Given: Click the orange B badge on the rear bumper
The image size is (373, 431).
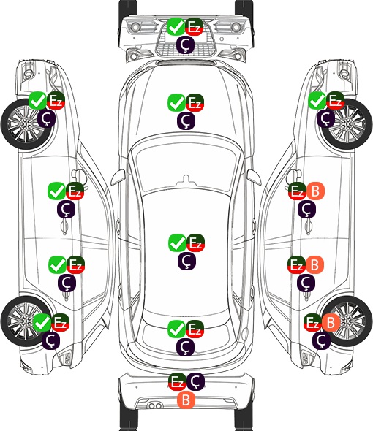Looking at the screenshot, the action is coord(186,400).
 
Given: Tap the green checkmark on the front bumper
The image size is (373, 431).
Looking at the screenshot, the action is coord(176,26).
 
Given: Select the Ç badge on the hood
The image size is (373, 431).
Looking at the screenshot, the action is coord(186,121).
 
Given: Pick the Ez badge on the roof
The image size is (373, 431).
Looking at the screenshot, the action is coord(195,243).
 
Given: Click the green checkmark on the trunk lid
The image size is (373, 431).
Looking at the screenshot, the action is coord(177,329).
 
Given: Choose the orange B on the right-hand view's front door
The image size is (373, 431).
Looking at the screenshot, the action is coord(315,191).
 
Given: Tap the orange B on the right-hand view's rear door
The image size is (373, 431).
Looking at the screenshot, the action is coord(314,264).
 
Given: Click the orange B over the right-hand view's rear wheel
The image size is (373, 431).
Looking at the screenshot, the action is coord(331,322).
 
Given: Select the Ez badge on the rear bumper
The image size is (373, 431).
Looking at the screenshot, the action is coord(177,381).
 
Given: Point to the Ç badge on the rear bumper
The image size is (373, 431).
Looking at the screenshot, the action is coord(195,381).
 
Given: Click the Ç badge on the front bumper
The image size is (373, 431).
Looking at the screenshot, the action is coord(186,45).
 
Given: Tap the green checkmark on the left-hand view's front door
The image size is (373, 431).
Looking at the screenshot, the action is coord(57,191).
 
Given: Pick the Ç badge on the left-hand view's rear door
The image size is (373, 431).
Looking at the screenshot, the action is coord(67,283).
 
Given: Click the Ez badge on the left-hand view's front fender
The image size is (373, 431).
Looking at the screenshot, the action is coord(56,100).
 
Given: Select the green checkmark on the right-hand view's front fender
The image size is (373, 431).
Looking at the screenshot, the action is coord(317,100).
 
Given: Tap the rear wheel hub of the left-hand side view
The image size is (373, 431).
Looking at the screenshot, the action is coord(25,321).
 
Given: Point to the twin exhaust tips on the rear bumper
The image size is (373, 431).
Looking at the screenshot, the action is coord(155,405).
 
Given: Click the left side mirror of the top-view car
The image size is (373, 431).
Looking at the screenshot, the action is coord(118,178).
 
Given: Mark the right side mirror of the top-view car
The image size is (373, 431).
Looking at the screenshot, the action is coord(254,178).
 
